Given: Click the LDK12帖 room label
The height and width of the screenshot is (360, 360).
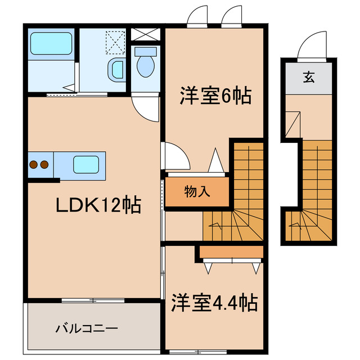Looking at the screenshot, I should point(97,206).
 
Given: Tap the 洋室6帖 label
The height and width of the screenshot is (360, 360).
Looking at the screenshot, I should point(215,96).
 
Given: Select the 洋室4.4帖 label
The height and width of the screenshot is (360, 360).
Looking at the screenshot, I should point(214,303).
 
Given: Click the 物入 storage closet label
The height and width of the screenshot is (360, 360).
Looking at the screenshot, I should point(197,191).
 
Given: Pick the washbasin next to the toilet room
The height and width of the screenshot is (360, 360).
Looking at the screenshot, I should point(116,70).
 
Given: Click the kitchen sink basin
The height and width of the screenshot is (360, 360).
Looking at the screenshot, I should point(85,164).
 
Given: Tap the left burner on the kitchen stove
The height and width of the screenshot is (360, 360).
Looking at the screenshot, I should point(33,165).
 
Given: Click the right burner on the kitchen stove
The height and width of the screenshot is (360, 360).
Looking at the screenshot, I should point(44,165).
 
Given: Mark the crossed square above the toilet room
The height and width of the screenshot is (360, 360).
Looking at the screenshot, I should point(146,32).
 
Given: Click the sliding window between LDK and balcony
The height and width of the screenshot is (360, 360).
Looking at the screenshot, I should point(93,300).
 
